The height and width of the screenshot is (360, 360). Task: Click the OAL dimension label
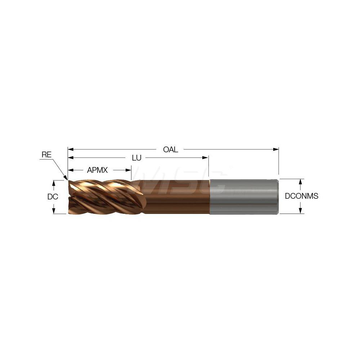tap(171, 149)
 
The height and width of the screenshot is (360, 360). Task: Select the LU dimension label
tap(136, 158)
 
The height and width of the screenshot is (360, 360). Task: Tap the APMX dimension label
tap(97, 170)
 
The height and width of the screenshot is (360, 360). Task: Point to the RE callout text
tap(46, 155)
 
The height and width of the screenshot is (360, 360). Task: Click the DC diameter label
tap(53, 197)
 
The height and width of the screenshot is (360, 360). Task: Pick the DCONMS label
tap(302, 196)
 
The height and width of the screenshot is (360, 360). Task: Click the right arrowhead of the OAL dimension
tap(276, 149)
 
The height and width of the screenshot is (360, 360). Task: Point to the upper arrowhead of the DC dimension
tap(54, 183)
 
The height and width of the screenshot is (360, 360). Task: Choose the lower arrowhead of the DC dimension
tap(54, 211)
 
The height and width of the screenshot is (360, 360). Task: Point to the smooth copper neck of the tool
tap(176, 197)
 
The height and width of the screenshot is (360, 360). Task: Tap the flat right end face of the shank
tap(278, 197)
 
